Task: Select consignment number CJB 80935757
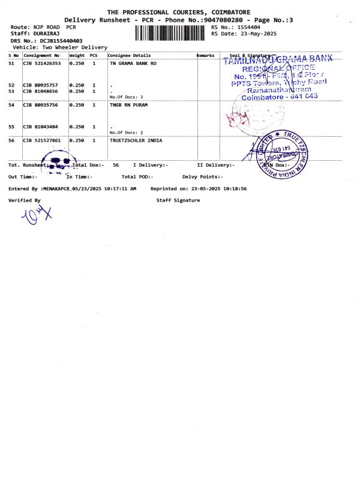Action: click(x=40, y=85)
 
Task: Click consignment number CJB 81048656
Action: click(x=40, y=91)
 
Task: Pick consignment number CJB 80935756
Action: click(x=40, y=105)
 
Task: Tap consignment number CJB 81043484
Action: click(x=40, y=127)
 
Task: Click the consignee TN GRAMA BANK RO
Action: click(x=133, y=63)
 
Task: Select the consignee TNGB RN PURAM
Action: click(x=128, y=105)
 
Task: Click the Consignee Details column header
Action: click(x=130, y=55)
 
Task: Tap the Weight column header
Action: click(x=77, y=55)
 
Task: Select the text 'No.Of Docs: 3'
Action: click(x=126, y=97)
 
